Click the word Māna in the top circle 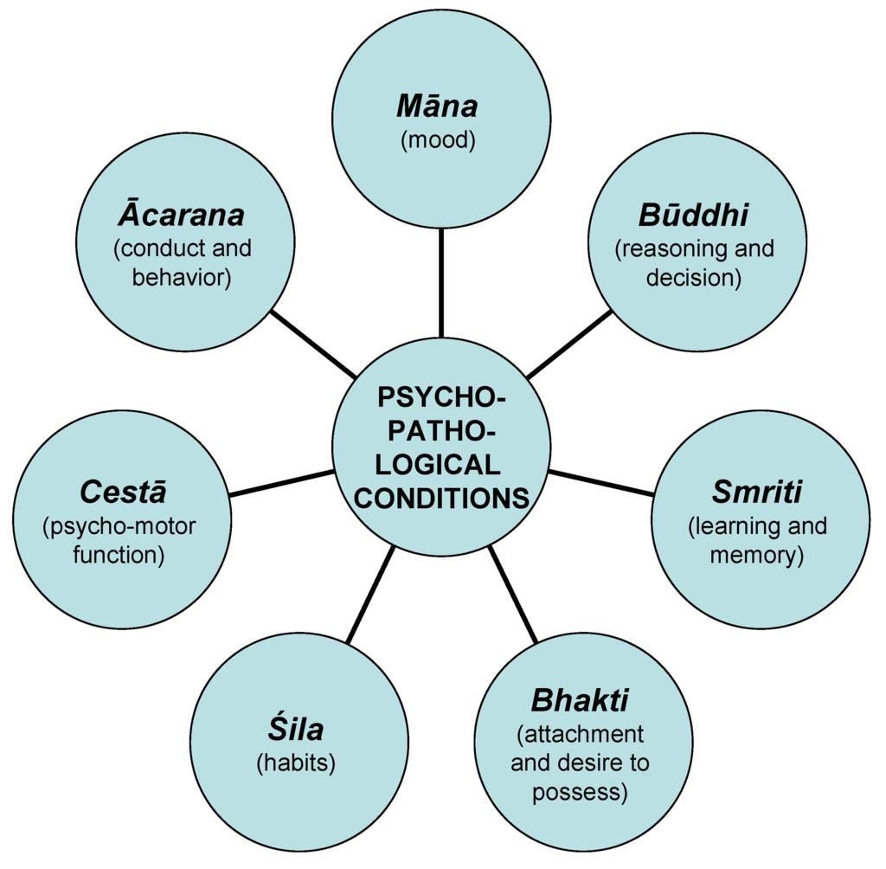[x=437, y=106]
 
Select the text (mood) [x=439, y=140]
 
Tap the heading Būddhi [x=694, y=215]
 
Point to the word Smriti [x=757, y=492]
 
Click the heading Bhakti [x=580, y=699]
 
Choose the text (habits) [x=296, y=763]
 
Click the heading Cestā [x=122, y=492]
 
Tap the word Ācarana [x=183, y=214]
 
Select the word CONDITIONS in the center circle [x=441, y=499]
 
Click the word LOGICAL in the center [x=441, y=465]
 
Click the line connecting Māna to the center [x=441, y=282]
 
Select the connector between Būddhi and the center [x=568, y=344]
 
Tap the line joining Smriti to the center [x=601, y=482]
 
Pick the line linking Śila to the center [x=370, y=595]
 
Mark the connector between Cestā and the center [x=281, y=483]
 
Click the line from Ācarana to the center [x=313, y=344]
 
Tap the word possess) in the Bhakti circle [x=578, y=792]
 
